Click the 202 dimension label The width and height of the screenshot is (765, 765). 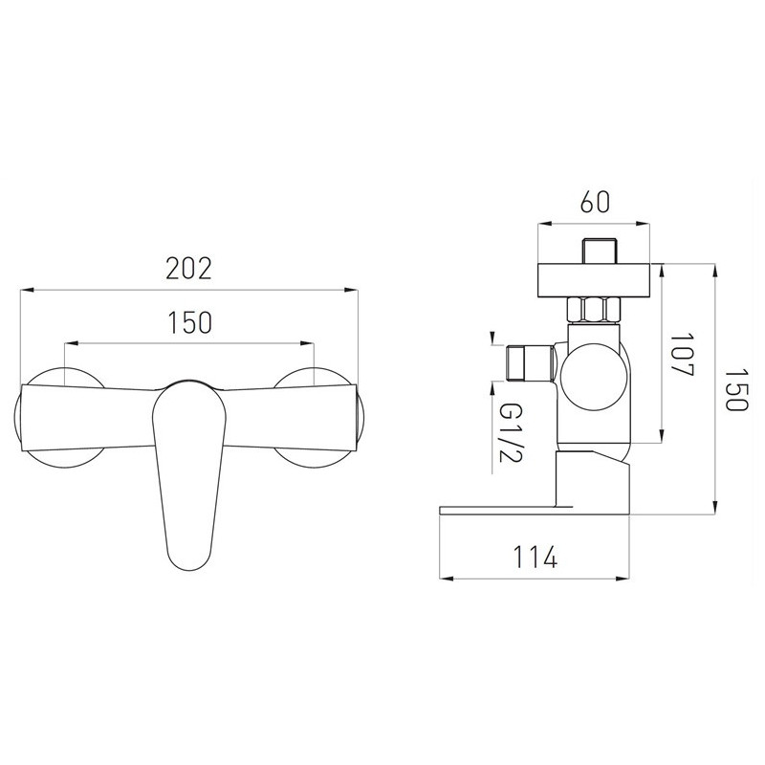(188, 269)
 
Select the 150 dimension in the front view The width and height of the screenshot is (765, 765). (189, 322)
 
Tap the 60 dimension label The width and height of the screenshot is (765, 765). (595, 202)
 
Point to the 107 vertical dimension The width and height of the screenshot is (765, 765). (682, 355)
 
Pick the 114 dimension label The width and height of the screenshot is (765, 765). (535, 557)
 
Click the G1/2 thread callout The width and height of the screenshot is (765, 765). (511, 433)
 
